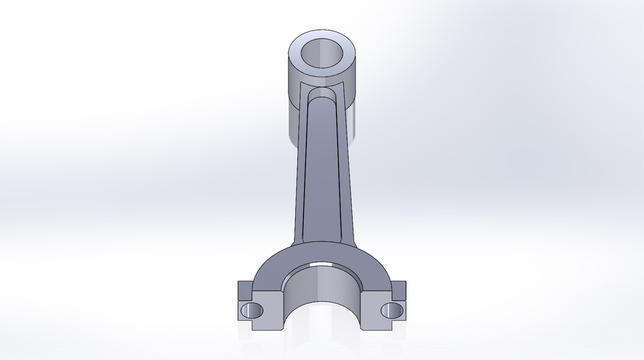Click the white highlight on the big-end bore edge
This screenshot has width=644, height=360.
(321, 266)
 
